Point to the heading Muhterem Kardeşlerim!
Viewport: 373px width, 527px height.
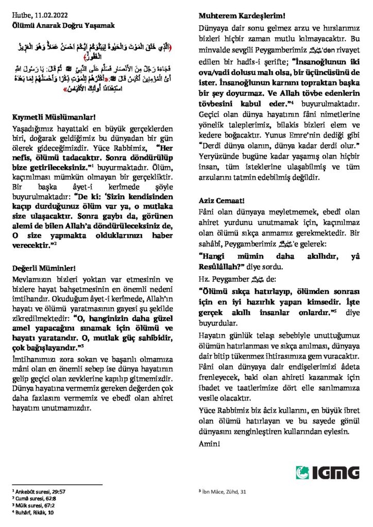tap(235, 16)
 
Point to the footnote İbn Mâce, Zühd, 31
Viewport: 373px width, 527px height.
tap(226, 493)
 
